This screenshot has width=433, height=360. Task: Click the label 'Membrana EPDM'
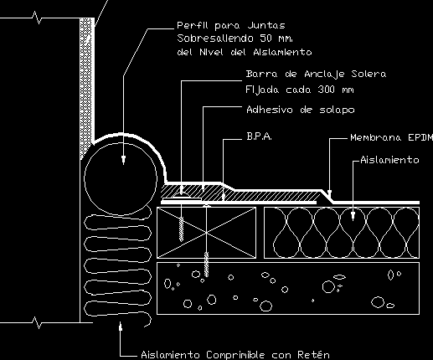392,137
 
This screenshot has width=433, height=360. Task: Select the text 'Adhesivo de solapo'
301,110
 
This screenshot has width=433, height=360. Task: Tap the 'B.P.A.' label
259,136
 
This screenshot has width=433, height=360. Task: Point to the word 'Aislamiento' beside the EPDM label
389,160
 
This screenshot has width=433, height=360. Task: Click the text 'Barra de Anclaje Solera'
316,74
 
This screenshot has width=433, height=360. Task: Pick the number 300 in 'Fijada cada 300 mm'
326,90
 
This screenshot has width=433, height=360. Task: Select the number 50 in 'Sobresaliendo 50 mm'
265,39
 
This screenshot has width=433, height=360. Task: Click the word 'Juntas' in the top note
266,26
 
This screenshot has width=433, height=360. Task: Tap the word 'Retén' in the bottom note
313,355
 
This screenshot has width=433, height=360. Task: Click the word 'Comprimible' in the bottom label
235,355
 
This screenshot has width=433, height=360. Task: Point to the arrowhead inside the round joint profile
123,160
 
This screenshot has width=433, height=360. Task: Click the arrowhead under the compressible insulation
121,326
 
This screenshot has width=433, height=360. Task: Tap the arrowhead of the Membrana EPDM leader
329,194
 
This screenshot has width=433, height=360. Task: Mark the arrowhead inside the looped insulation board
353,216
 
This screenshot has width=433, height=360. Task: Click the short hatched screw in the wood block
181,229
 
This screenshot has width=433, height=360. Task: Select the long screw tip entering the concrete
206,265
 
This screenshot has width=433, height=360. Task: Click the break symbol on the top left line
38,18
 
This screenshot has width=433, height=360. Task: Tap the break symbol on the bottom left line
38,322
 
